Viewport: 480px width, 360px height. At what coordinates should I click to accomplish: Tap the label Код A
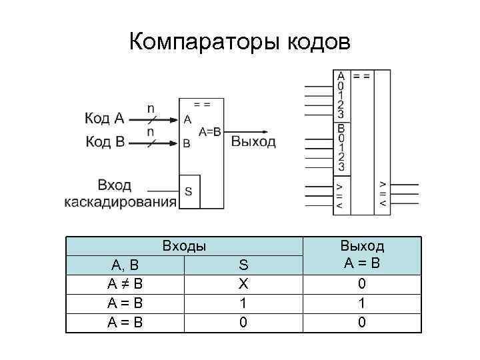[104, 119]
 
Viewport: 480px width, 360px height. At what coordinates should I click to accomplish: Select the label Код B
[104, 141]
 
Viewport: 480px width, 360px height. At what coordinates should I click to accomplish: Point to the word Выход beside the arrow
[253, 141]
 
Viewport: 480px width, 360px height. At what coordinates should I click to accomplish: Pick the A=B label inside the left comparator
[209, 131]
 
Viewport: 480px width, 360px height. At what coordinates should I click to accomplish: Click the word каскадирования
[120, 201]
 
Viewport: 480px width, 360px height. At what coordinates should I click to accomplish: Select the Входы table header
[184, 246]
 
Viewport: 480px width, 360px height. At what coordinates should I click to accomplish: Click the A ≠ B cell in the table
[125, 283]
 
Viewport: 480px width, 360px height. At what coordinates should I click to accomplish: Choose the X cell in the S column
[243, 283]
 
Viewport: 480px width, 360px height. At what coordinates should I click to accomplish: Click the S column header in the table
[243, 265]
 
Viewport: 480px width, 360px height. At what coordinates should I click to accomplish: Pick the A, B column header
[125, 265]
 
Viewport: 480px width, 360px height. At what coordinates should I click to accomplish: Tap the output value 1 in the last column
[362, 303]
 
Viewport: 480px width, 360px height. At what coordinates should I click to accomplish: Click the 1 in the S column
[243, 303]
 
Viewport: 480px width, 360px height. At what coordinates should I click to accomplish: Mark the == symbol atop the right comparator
[362, 76]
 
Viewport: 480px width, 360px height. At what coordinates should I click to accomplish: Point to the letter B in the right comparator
[341, 129]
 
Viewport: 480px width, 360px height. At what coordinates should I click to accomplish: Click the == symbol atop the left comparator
[201, 105]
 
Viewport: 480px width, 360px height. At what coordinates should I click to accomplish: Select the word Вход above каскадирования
[114, 185]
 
